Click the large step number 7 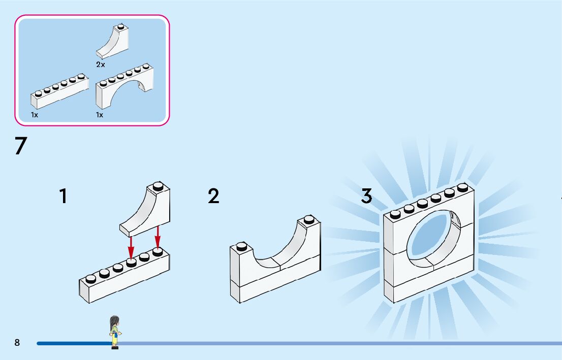pos(20,146)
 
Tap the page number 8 pos(17,343)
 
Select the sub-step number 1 pos(63,196)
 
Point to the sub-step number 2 pos(213,196)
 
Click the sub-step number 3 pos(366,196)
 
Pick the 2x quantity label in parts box pos(101,64)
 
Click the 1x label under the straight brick pos(35,115)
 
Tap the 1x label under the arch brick pos(100,115)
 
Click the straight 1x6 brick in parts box pos(59,91)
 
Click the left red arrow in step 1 pos(131,246)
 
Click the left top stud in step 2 pos(242,246)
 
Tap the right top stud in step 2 pos(308,219)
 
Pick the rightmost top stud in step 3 pos(462,187)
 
